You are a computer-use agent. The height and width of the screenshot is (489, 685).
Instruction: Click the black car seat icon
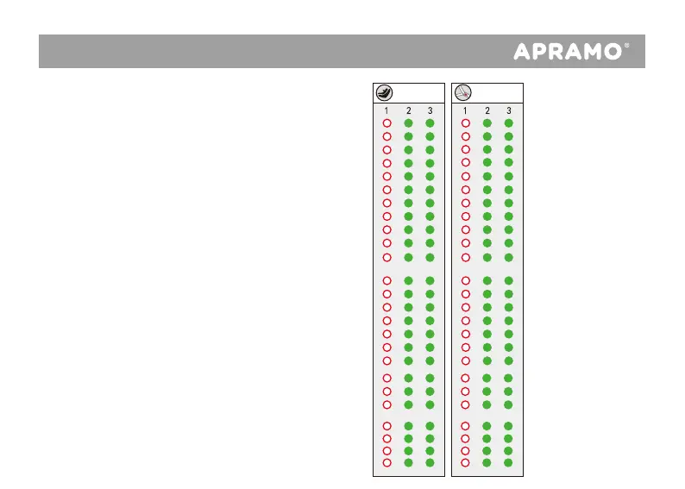(x=382, y=92)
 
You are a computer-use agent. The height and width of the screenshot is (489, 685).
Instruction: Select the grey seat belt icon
(x=463, y=92)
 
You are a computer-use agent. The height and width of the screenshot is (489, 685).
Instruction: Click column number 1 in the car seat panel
(x=386, y=110)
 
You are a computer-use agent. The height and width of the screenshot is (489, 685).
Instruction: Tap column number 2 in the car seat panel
(x=409, y=110)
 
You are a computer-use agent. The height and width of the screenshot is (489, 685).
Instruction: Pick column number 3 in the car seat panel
(x=430, y=110)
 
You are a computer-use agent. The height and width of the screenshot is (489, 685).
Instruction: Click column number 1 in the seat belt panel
(x=465, y=110)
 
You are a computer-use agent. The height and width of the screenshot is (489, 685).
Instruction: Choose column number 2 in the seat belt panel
(x=487, y=110)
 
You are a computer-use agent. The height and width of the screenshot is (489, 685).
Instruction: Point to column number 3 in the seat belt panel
(x=508, y=110)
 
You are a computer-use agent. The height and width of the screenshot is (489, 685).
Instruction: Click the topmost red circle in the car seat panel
(x=387, y=123)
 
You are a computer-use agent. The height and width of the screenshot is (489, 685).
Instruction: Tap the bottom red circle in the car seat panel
(x=387, y=462)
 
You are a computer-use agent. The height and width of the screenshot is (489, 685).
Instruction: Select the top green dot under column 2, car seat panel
(x=409, y=123)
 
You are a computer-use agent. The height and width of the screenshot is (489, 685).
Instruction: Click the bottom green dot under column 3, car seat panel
(x=430, y=462)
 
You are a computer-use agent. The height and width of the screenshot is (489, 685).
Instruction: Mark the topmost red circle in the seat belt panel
(x=466, y=123)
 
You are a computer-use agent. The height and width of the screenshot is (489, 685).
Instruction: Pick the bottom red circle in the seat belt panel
(x=466, y=462)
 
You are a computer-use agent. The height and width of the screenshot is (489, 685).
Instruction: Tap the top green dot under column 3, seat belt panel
(x=508, y=123)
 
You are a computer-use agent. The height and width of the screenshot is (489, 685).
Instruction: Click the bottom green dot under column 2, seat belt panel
(x=487, y=462)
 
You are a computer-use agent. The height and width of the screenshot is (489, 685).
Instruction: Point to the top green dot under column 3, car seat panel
(x=430, y=123)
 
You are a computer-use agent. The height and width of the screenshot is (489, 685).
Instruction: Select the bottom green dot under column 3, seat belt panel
(x=508, y=462)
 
